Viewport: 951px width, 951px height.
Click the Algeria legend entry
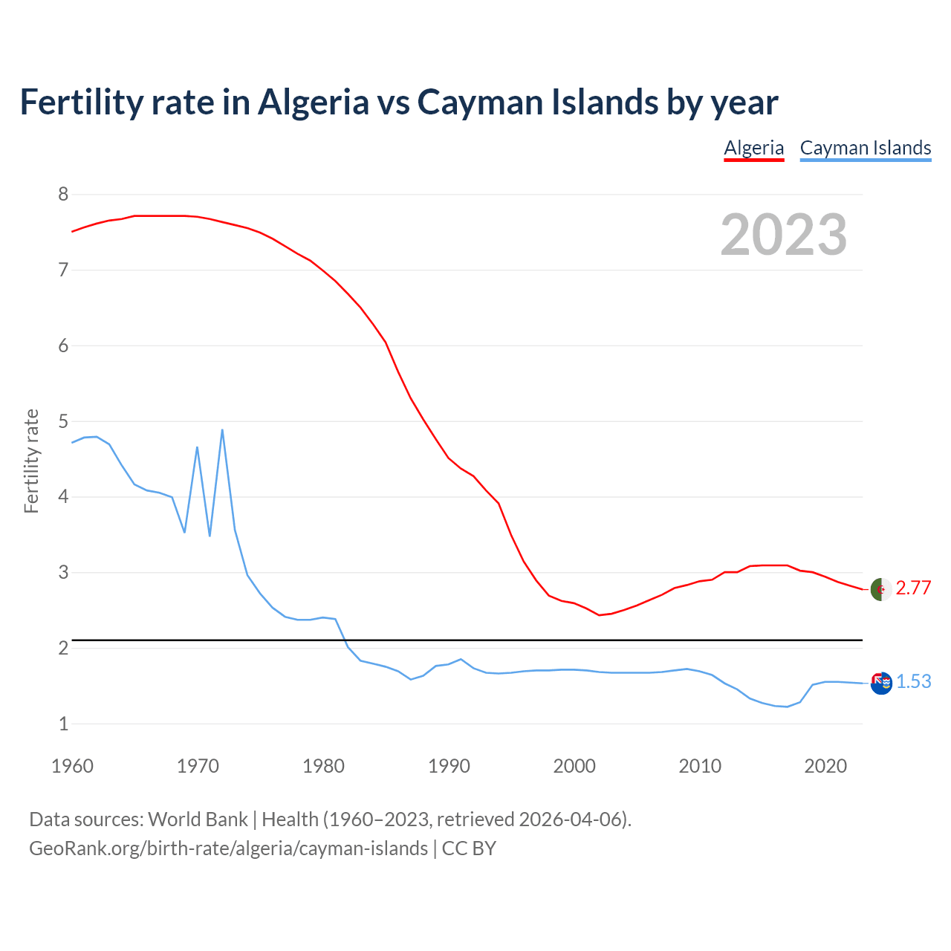coord(754,148)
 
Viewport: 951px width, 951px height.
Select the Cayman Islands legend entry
coord(866,148)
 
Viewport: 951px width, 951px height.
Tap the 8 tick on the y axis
coord(63,195)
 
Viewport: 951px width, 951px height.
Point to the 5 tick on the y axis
coord(63,421)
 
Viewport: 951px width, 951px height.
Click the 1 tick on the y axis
coord(63,724)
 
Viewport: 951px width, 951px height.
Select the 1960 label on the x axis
coord(72,766)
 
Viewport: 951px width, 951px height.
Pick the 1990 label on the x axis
coord(449,766)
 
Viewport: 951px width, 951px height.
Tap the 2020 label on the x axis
coord(825,766)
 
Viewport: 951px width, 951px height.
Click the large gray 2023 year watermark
coord(784,235)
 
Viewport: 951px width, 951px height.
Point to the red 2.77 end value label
coord(913,588)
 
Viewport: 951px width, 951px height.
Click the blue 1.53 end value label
coord(913,681)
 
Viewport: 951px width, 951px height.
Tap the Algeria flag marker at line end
coord(881,589)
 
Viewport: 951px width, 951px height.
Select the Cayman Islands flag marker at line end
coord(881,683)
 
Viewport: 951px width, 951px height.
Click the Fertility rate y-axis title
coord(31,461)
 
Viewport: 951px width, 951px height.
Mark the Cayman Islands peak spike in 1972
coord(222,430)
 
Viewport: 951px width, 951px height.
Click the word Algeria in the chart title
coord(313,102)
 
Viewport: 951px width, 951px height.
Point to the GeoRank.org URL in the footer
coord(228,848)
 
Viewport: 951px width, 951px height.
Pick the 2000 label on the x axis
coord(574,766)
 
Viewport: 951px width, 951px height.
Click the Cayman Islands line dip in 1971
coord(210,535)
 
